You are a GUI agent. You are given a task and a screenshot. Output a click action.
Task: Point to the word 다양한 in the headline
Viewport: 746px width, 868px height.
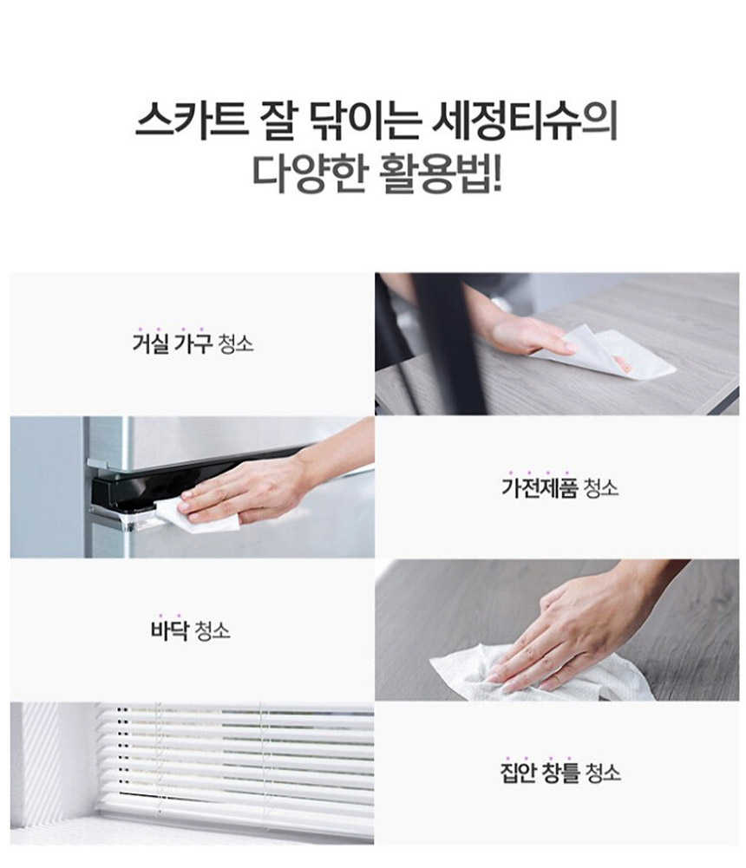307,173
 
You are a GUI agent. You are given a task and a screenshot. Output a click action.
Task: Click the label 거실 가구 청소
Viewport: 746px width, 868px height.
192,343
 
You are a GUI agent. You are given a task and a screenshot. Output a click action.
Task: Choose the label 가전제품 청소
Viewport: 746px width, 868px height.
559,486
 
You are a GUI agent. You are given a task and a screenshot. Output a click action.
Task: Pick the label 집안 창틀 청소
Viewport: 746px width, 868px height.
560,771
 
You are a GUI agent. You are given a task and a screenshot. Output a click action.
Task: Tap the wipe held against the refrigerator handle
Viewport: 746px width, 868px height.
206,518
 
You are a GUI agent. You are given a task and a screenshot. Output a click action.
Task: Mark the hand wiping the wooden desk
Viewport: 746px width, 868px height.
529,334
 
